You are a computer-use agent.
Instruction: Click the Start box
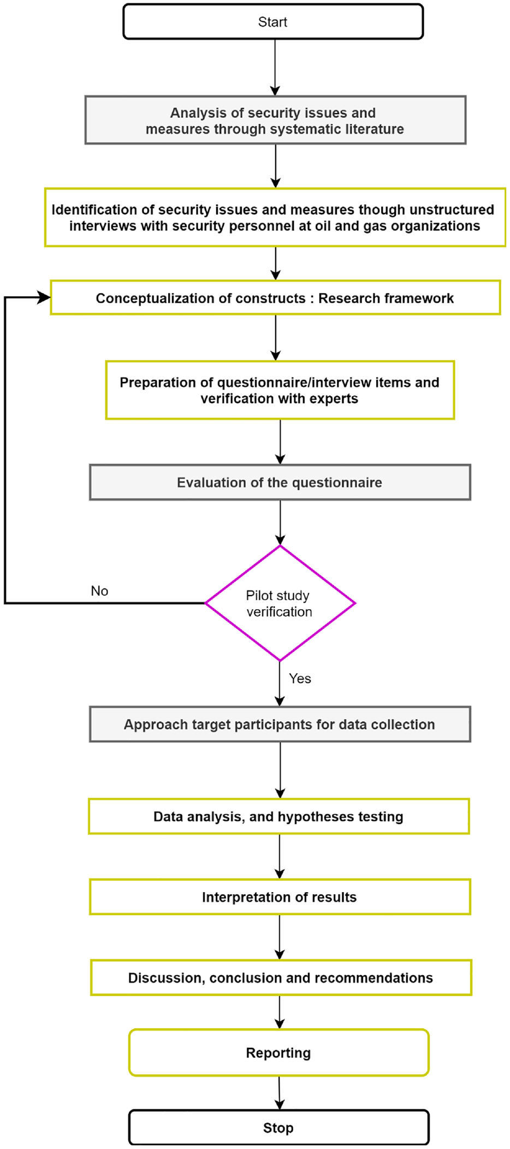(x=273, y=22)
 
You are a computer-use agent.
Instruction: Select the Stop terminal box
(x=278, y=1128)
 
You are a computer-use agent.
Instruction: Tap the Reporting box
(x=278, y=1053)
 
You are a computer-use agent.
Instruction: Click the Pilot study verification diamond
(x=280, y=603)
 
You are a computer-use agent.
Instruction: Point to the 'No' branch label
(x=99, y=591)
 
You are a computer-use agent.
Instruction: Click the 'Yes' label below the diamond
(x=300, y=679)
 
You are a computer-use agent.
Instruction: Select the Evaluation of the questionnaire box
(x=280, y=482)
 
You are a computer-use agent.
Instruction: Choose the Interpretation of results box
(x=280, y=897)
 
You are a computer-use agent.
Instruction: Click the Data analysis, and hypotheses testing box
(x=279, y=816)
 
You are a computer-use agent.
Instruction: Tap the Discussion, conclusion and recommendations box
(x=281, y=977)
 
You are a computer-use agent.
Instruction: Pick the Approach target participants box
(x=280, y=724)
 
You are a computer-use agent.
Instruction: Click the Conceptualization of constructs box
(x=276, y=298)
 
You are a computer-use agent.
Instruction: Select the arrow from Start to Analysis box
(x=275, y=67)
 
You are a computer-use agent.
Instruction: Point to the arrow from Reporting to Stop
(x=280, y=1093)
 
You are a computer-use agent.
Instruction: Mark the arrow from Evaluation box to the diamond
(x=280, y=522)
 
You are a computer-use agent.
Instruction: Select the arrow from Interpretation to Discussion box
(x=280, y=937)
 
